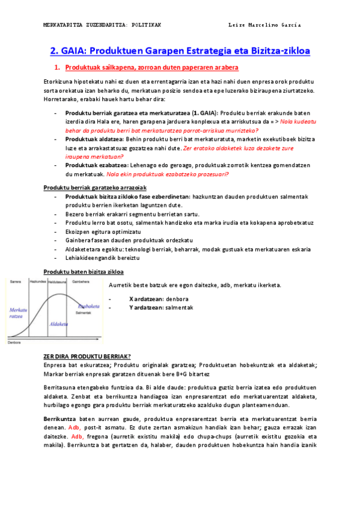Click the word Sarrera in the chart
click(x=16, y=281)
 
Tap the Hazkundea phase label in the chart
click(x=38, y=281)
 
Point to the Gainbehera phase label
click(x=81, y=281)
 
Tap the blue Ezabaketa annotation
click(x=88, y=306)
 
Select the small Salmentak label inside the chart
click(x=83, y=313)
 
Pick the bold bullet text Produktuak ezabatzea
click(x=94, y=165)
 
